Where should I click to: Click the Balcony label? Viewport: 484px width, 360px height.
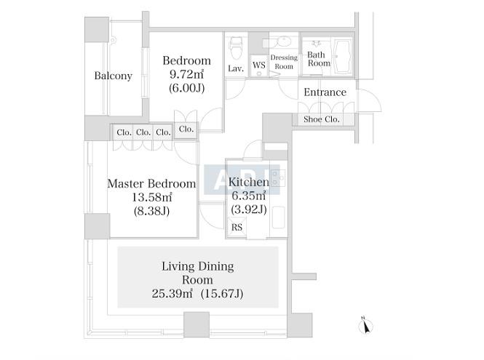[x=114, y=76]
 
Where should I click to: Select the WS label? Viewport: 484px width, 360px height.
[x=258, y=65]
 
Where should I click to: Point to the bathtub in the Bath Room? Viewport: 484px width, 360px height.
[x=342, y=56]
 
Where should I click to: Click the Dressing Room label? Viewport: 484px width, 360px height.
[x=284, y=62]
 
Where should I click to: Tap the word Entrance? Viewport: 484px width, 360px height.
[x=325, y=92]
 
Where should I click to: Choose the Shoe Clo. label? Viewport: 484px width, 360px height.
[x=321, y=119]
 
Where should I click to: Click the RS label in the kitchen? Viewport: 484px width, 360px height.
[x=237, y=228]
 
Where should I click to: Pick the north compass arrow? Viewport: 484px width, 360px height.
[x=366, y=326]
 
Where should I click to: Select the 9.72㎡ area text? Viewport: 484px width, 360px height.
[x=186, y=74]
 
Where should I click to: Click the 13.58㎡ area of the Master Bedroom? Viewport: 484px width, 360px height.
[x=152, y=197]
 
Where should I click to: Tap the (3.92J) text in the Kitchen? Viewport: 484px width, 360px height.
[x=249, y=209]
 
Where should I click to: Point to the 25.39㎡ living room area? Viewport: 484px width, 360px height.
[x=172, y=293]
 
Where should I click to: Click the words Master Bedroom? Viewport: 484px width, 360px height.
[x=151, y=183]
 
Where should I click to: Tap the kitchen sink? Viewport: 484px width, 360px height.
[x=279, y=217]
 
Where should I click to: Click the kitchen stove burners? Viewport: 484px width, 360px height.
[x=277, y=178]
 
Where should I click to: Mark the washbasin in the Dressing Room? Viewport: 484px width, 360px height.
[x=283, y=41]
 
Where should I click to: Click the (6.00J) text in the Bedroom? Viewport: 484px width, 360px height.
[x=186, y=88]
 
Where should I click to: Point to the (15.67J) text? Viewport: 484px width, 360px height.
[x=222, y=293]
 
